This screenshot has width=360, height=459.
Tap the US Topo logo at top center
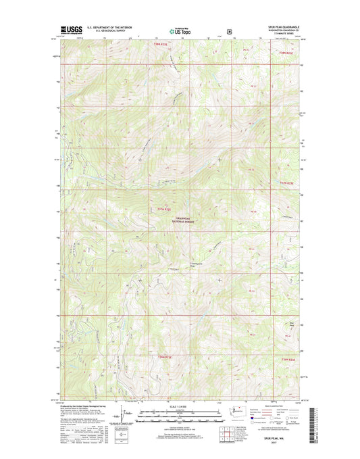coord(180,30)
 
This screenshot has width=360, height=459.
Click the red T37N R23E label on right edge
coord(288,183)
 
